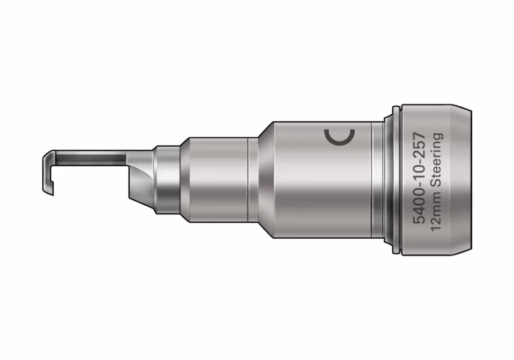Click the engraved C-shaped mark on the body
[x=339, y=143]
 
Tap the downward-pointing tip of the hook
[x=52, y=194]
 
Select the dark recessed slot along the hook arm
[x=90, y=159]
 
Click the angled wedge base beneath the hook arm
[x=142, y=183]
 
